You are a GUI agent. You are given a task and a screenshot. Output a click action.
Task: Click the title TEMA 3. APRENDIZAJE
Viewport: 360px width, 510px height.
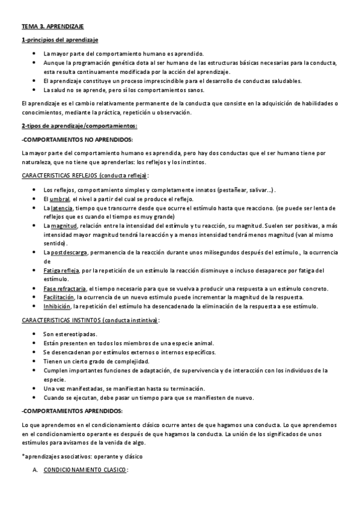coord(52,28)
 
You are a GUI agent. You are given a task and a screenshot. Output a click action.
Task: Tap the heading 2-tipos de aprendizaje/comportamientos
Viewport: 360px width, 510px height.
coord(79,126)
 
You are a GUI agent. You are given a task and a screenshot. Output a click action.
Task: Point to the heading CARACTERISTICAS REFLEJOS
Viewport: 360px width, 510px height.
coord(84,176)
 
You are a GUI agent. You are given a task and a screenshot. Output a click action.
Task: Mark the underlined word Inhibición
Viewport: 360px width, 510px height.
coord(59,306)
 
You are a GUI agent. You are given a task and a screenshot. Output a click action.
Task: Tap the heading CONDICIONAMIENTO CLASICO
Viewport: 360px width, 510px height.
coord(84,469)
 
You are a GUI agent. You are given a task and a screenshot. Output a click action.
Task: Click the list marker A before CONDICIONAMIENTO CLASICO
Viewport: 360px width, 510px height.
coord(34,469)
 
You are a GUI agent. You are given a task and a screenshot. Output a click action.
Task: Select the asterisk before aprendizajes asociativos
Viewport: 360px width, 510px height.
coord(22,455)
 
